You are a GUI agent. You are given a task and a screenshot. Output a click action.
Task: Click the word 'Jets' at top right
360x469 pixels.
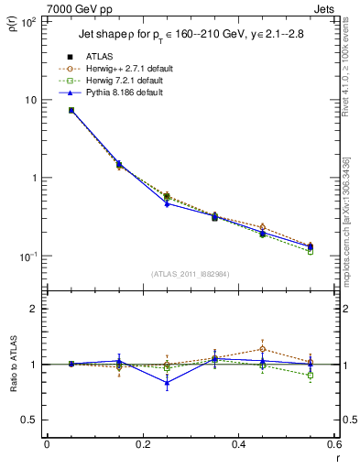pos(325,7)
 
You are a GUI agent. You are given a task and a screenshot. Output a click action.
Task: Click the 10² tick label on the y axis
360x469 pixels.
pos(27,20)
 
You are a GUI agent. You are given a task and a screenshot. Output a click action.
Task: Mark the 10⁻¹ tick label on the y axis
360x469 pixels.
pos(27,256)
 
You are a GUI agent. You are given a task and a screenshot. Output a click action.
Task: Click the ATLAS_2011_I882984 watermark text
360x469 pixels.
pos(190,274)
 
